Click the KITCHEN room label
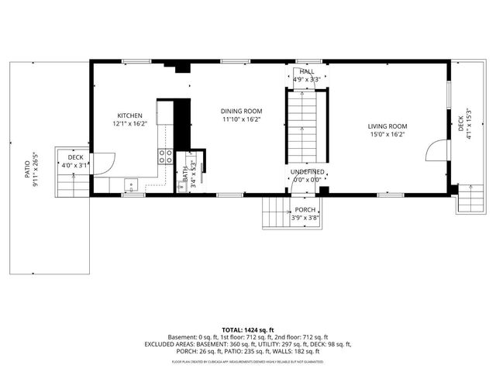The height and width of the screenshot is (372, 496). pos(129,115)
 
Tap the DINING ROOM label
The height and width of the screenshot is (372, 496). pos(241,111)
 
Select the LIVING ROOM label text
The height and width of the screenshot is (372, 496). pos(387,126)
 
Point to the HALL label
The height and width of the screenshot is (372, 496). pos(306,71)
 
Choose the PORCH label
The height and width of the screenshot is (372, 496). pos(305,210)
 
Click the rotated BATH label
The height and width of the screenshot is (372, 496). pos(184,174)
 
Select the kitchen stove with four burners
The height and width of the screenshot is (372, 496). pos(166,158)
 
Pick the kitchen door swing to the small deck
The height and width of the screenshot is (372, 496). pos(103,163)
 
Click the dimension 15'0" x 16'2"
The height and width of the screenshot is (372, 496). pos(387,134)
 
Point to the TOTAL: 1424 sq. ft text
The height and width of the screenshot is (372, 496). pos(247,330)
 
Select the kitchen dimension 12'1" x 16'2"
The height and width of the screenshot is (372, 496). pos(129,123)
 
